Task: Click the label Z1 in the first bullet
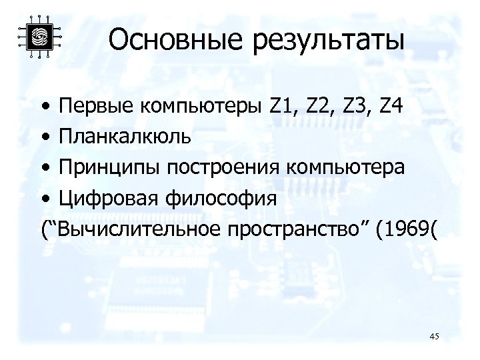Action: [283, 106]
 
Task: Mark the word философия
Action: [211, 199]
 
